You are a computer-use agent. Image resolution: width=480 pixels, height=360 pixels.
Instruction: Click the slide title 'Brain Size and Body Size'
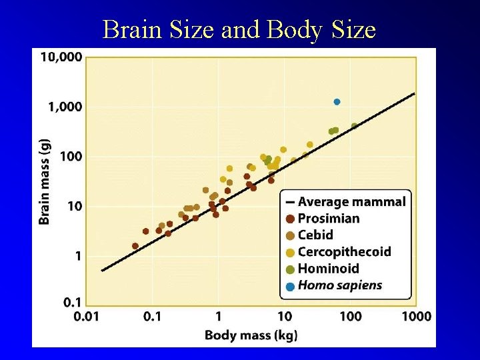pos(239,29)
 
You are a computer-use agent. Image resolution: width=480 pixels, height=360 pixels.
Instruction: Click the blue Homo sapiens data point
pos(337,102)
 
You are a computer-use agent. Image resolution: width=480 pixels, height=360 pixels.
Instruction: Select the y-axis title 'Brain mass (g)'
pos(45,181)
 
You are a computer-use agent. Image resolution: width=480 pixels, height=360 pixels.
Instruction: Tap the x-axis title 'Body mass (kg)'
pos(251,335)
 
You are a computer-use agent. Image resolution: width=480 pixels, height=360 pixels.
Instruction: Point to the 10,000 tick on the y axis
pos(61,57)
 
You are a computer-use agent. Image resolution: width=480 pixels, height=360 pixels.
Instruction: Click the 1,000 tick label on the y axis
pos(65,107)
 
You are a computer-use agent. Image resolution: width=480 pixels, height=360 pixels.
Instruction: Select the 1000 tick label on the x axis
pos(416,316)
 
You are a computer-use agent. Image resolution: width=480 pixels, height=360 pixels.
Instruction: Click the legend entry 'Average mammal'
pos(351,201)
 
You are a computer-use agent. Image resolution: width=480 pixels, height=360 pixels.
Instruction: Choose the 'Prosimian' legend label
pos(328,218)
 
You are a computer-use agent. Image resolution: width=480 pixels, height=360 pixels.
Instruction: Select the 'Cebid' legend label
pos(315,235)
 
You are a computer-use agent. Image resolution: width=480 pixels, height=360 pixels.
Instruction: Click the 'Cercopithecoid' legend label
pos(344,252)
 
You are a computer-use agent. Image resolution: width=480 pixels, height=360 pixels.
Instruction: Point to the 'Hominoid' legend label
pos(328,269)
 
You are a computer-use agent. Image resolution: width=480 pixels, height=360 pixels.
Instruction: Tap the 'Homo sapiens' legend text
pos(340,285)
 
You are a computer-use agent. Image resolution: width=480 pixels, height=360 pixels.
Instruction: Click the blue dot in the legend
pos(290,287)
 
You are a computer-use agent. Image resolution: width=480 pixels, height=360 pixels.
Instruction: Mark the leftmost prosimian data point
pos(135,246)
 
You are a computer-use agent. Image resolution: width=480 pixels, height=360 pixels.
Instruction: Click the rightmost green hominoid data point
pos(354,126)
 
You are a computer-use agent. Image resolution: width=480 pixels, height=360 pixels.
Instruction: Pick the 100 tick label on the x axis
pos(350,316)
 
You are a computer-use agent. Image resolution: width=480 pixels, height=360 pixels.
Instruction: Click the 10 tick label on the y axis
pos(75,207)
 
